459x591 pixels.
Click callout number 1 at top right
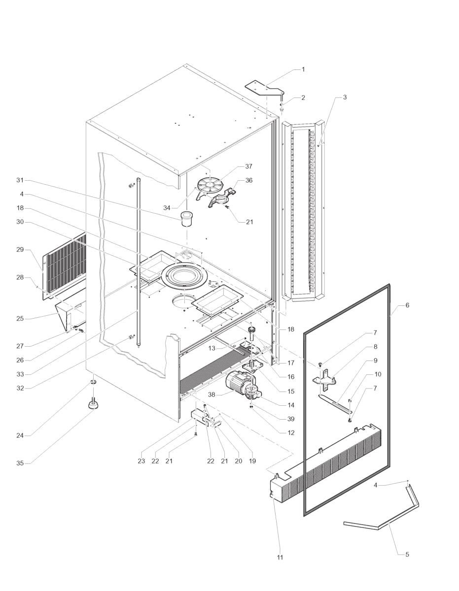click(303, 69)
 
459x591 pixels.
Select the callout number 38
click(212, 394)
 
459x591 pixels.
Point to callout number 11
click(280, 558)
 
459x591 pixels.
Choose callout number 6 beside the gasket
click(407, 305)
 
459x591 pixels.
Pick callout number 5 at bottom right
click(407, 555)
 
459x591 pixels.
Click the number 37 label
click(248, 166)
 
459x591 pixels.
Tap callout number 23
click(141, 461)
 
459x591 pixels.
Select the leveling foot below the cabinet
click(93, 404)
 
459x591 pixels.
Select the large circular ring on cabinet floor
click(183, 275)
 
